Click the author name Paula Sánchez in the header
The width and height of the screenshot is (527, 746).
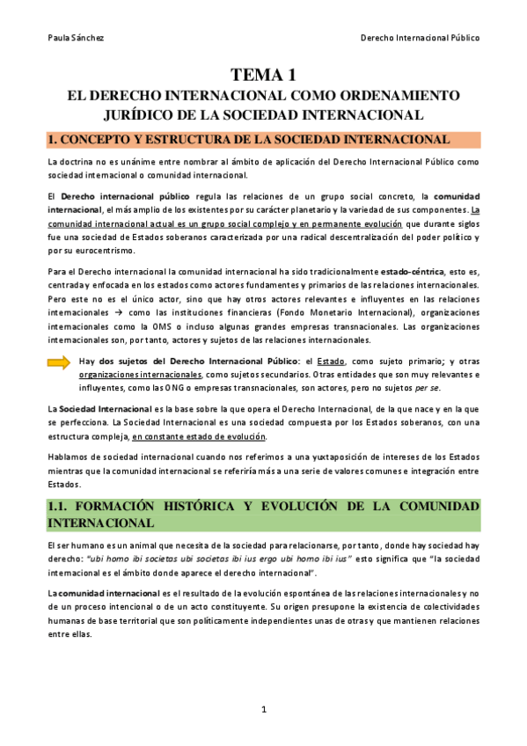(72, 38)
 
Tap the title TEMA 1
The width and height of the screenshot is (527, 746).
(263, 76)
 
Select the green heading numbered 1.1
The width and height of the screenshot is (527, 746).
(263, 515)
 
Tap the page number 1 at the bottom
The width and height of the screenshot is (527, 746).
(263, 710)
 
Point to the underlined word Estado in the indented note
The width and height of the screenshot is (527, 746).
(331, 362)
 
